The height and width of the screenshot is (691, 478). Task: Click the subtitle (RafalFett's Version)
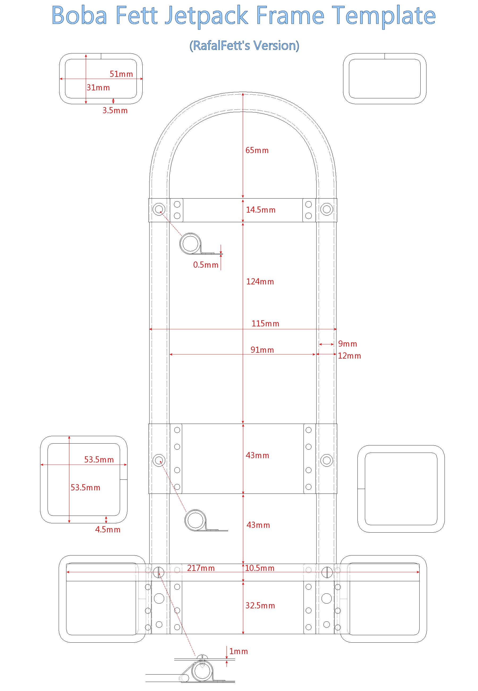click(x=244, y=45)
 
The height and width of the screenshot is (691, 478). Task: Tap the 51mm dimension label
click(x=121, y=74)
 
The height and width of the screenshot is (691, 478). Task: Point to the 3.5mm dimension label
click(x=115, y=111)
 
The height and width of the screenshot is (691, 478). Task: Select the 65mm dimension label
click(x=257, y=150)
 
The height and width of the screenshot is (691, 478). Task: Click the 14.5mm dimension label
click(x=261, y=210)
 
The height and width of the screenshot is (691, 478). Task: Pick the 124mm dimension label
click(x=260, y=282)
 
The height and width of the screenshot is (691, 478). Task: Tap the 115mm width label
click(x=265, y=324)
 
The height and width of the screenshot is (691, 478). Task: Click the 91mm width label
click(x=262, y=350)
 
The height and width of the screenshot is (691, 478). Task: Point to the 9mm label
click(x=347, y=344)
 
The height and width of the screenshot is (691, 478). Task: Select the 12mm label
click(x=349, y=356)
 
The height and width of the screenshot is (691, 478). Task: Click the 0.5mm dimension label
click(x=206, y=265)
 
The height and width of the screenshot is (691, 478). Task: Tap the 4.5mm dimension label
click(x=108, y=529)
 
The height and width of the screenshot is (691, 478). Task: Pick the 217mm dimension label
click(x=201, y=568)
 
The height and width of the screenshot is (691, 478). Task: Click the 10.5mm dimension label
click(x=260, y=568)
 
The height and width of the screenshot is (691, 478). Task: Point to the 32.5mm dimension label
click(x=260, y=606)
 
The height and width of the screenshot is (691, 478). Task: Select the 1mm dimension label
click(x=238, y=651)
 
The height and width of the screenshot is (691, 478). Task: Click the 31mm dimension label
click(x=98, y=88)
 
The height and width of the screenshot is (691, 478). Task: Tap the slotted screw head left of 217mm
click(x=159, y=573)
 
